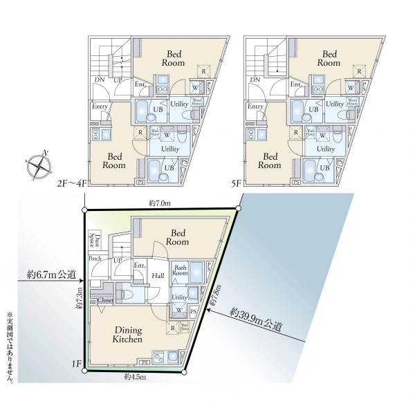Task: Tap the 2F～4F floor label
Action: (72, 185)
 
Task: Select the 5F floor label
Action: (236, 185)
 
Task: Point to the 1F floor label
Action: (76, 363)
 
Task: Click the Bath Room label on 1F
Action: (181, 270)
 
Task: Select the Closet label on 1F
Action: (106, 300)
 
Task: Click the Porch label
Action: (95, 259)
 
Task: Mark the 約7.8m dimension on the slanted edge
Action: (216, 297)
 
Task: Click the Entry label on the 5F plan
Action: (255, 107)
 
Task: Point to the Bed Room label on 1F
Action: (178, 237)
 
